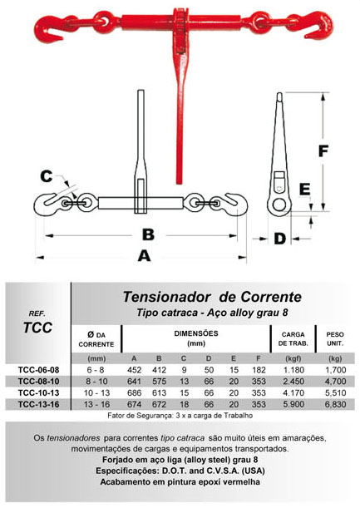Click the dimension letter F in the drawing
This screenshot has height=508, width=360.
pos(323,151)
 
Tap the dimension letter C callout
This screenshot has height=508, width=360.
pos(46,176)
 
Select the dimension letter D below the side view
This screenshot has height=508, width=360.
pos(279,239)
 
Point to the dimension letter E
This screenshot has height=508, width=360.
pos(304,190)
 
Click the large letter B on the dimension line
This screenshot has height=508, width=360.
pos(149,234)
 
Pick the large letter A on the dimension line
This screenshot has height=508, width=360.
pos(144,256)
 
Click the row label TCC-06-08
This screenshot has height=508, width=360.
pos(39,370)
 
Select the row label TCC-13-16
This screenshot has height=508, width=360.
pos(39,404)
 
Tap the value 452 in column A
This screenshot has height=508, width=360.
pos(134,370)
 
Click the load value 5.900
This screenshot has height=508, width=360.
pos(293,404)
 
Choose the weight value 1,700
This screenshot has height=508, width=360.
pos(335,370)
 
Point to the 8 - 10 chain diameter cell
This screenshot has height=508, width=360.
pos(96,382)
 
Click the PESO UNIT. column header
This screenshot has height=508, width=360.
pos(335,339)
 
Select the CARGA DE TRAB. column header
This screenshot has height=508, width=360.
pos(293,339)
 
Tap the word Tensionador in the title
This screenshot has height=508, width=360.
pos(167,297)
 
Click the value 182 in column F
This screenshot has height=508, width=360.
pos(259,370)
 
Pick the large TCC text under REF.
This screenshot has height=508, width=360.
pos(37,328)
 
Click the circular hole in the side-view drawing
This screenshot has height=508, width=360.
pos(279,205)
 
